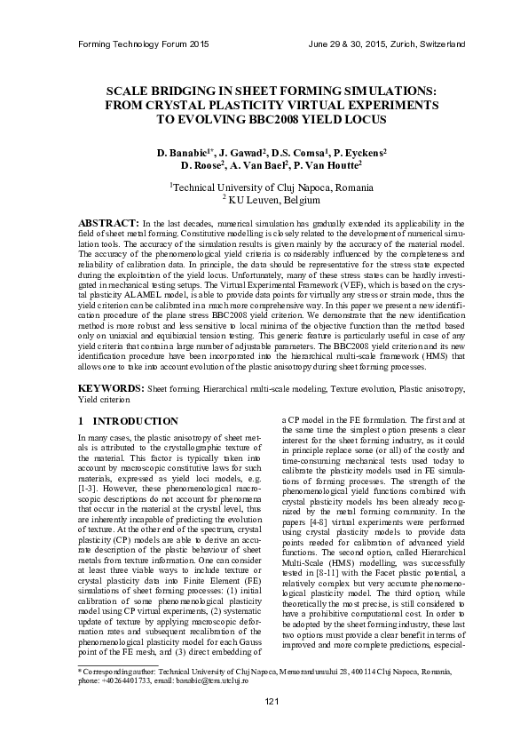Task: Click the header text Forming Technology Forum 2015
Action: pyautogui.click(x=144, y=44)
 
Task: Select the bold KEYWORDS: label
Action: pyautogui.click(x=111, y=389)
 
